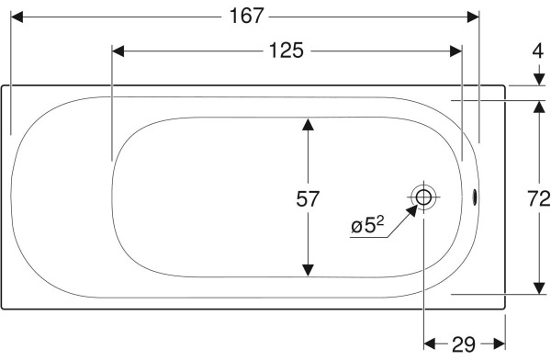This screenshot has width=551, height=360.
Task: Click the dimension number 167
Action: (246, 17)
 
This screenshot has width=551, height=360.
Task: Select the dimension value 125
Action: (286, 51)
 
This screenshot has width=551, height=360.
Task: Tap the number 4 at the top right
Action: (537, 51)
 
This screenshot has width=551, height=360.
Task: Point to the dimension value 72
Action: (538, 199)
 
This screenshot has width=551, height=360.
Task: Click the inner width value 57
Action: (308, 199)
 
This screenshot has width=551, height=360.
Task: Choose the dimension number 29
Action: (464, 344)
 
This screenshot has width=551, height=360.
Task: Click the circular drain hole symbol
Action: (423, 197)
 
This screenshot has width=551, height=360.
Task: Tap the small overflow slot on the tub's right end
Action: (474, 197)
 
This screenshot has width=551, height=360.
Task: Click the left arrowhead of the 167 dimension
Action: (17, 17)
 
